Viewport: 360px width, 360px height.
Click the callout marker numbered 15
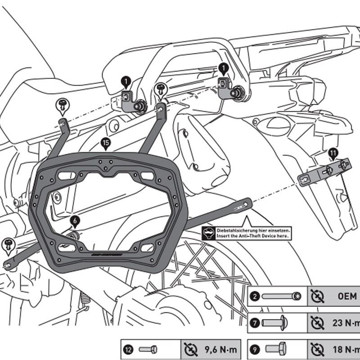pos(105,144)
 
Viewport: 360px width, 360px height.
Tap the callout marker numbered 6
pos(75,220)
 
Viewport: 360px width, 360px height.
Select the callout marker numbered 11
pos(333,154)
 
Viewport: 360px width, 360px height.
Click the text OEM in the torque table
pos(347,297)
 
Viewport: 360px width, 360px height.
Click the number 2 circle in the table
pos(255,297)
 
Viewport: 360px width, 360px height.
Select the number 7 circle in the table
pos(255,323)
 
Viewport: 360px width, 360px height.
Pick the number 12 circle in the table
pos(129,349)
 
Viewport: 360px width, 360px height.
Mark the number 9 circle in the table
pos(255,349)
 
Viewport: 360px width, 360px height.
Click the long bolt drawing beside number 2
pos(282,297)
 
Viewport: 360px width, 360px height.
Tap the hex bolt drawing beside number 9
pos(279,349)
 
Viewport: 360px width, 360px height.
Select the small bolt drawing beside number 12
pos(148,349)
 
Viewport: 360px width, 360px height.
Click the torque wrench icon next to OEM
pos(318,297)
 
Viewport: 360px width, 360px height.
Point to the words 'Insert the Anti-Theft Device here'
pos(253,235)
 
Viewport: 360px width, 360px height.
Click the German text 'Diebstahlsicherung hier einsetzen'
pos(253,230)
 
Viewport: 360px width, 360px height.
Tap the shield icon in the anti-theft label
pos(208,233)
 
